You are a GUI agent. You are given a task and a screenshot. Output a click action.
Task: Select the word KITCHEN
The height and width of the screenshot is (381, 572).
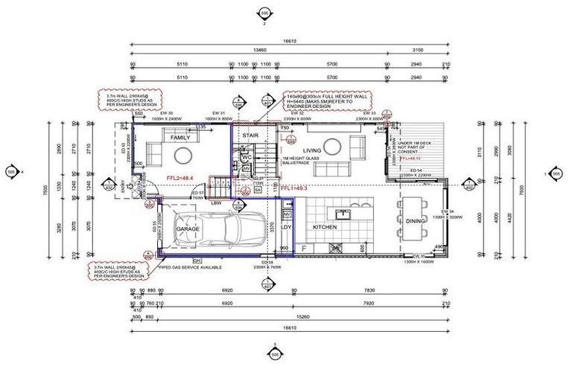coord(325,227)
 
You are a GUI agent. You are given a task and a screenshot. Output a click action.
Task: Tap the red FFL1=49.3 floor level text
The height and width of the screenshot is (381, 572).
coord(294,189)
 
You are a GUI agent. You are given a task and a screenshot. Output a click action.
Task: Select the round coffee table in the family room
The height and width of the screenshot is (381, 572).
coord(184,156)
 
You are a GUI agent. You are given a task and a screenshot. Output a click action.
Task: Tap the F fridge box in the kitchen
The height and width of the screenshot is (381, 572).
coord(303,247)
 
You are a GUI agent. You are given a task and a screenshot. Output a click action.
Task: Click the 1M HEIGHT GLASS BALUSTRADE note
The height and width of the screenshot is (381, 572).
coord(302,163)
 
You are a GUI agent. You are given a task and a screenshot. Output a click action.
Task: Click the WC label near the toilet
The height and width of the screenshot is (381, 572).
coord(243,157)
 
